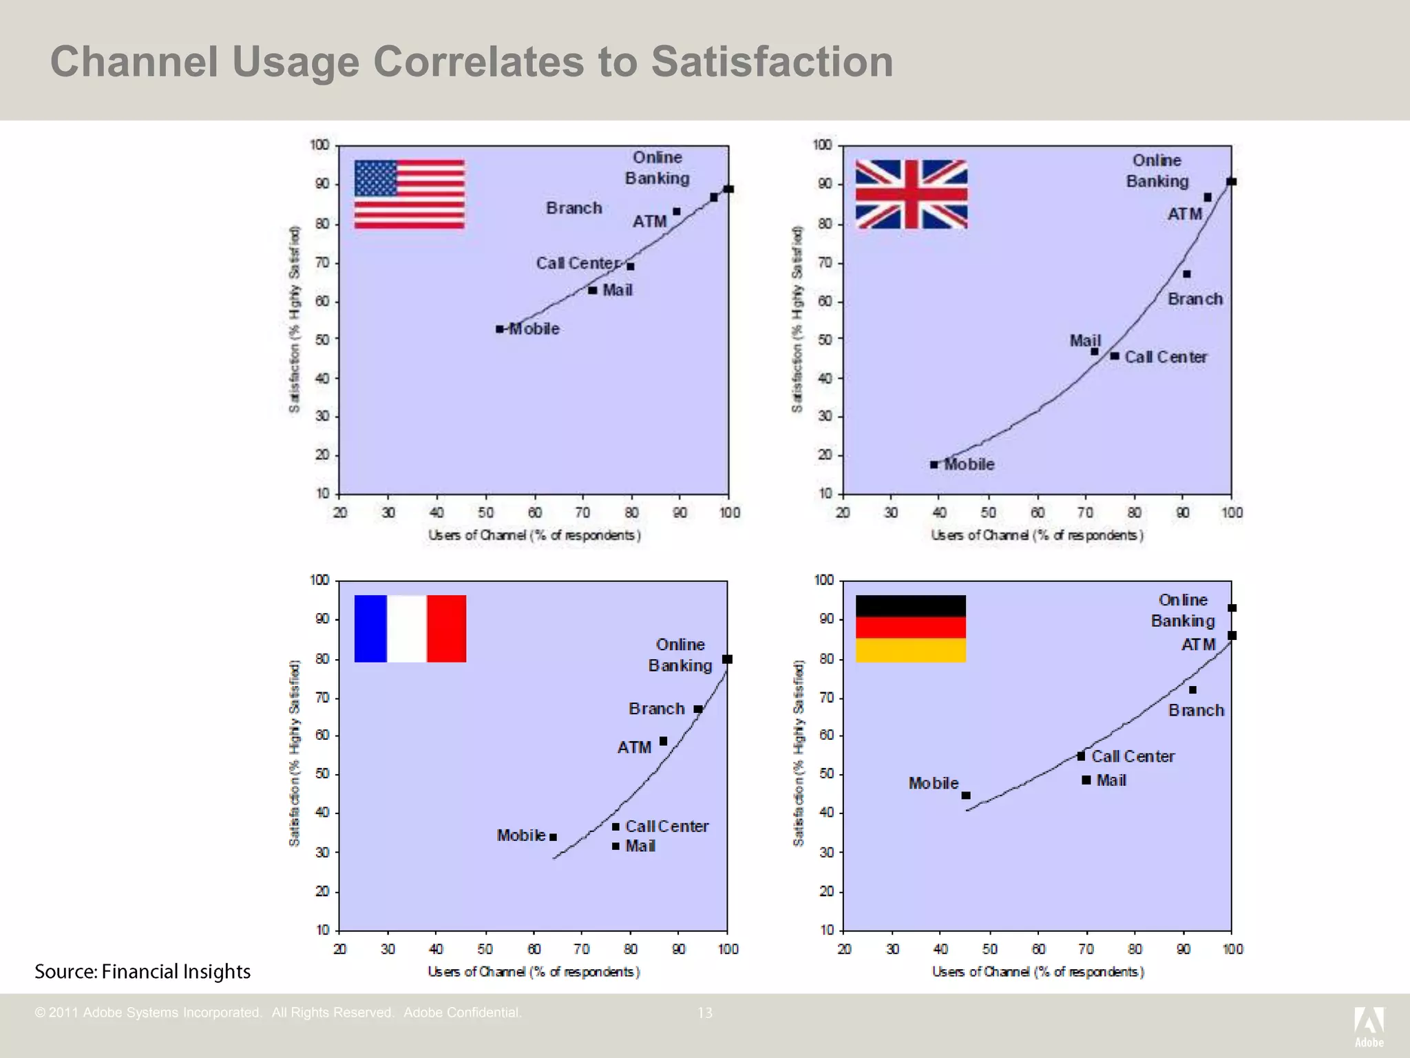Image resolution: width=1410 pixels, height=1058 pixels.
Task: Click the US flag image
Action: tap(409, 194)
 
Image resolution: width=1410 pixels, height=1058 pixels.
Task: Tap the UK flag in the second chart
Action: tap(911, 194)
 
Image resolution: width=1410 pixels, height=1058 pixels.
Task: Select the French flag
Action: tap(410, 628)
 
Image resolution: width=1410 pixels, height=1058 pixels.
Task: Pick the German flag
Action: tap(910, 628)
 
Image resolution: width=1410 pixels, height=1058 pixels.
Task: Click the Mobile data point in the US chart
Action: tap(500, 329)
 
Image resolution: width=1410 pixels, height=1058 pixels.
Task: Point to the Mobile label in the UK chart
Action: tap(969, 464)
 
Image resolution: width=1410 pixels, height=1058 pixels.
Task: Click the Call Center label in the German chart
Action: tap(1133, 756)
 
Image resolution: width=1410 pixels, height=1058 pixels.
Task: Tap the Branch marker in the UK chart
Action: tap(1186, 274)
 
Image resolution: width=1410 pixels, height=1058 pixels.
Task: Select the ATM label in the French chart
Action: tap(634, 747)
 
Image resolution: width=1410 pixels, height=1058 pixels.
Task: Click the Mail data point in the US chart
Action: tap(592, 290)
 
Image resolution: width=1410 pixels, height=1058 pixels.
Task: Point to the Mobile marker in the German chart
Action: tap(966, 796)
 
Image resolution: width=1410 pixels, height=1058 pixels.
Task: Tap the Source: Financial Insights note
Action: tap(143, 971)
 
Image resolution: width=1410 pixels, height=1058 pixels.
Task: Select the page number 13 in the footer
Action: tap(705, 1013)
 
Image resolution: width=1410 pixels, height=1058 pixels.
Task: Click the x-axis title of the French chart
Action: tap(534, 972)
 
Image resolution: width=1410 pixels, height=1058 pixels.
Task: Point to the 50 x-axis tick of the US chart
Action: tap(485, 512)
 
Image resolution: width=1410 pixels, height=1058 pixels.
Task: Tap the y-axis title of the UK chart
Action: tap(797, 319)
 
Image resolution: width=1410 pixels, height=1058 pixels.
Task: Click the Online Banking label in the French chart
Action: tap(680, 655)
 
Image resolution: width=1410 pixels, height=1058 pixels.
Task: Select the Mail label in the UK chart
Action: tap(1084, 340)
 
